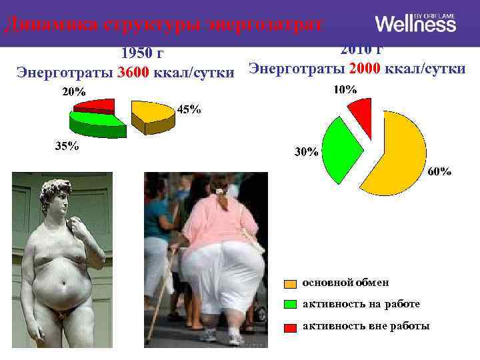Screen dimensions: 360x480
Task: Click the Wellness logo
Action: coord(415,24)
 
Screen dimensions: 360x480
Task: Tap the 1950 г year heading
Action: coord(141,53)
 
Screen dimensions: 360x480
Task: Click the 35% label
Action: coord(66,147)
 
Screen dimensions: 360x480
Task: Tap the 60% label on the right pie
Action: coord(439,171)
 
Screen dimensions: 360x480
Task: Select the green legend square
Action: coord(291,305)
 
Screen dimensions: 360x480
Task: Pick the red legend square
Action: coord(291,327)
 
